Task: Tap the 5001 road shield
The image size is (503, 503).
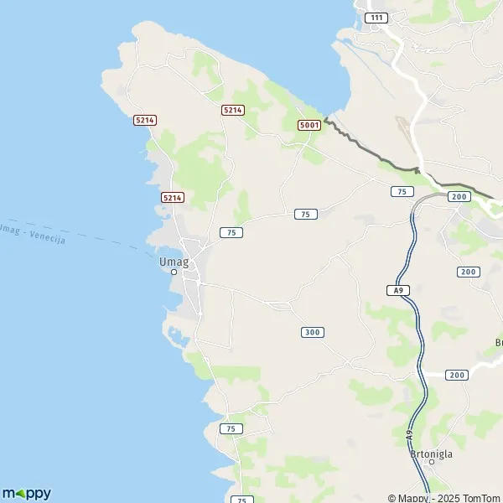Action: [309, 125]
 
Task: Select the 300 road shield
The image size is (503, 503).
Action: [312, 333]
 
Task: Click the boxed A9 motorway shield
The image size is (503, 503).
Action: [399, 290]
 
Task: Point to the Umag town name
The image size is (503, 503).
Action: [174, 261]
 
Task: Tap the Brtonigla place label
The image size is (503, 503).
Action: [433, 454]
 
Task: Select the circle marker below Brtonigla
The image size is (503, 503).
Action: [432, 462]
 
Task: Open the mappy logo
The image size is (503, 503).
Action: [26, 493]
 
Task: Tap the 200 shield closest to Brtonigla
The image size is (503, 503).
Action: [457, 375]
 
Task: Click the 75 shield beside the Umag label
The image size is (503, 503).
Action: [231, 232]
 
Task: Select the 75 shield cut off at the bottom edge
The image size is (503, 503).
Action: [240, 500]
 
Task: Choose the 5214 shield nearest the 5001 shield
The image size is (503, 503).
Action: [232, 110]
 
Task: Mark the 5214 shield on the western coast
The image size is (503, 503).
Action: [145, 121]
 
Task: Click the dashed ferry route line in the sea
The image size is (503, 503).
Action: [117, 244]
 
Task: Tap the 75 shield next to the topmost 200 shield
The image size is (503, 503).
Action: [402, 192]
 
